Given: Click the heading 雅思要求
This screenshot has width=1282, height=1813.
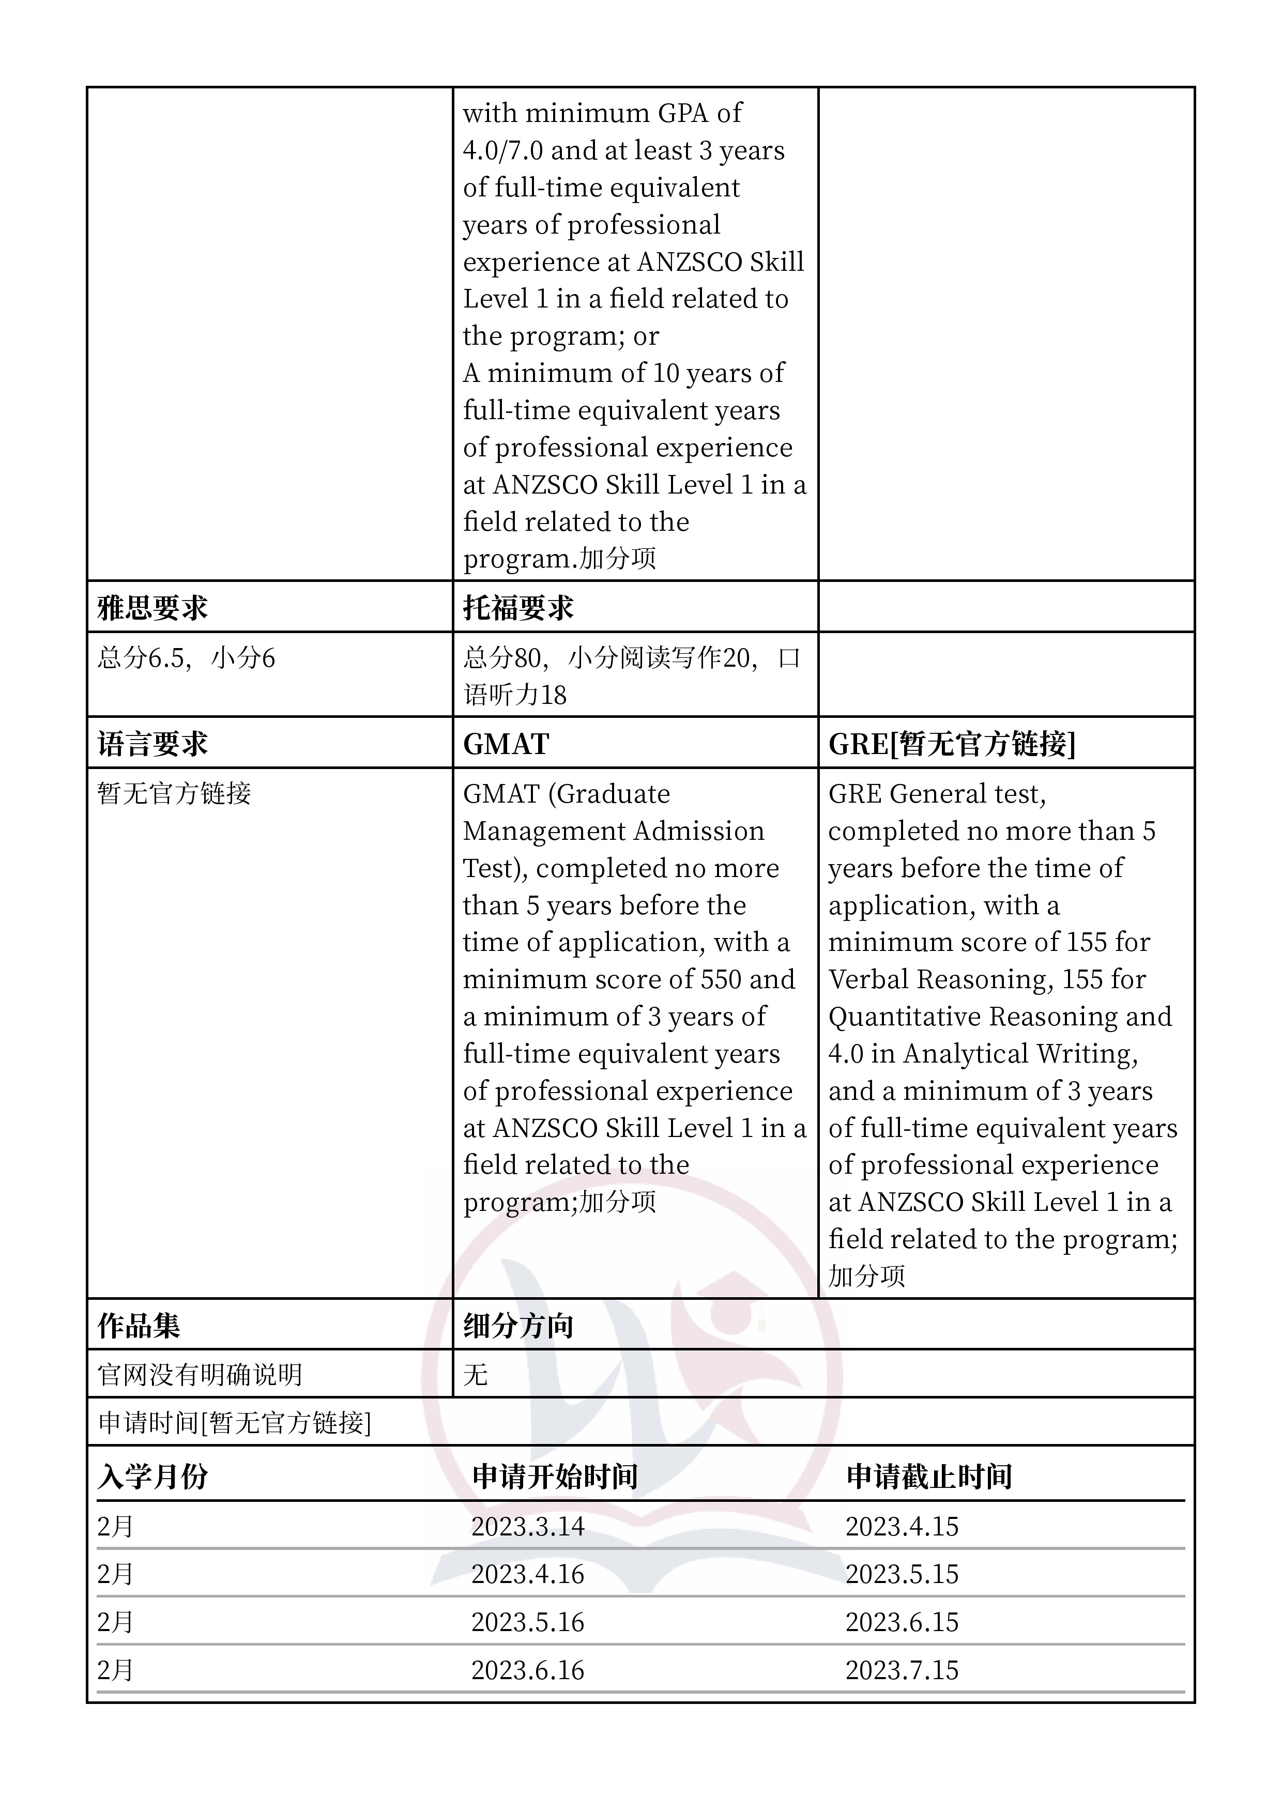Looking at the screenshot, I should coord(152,608).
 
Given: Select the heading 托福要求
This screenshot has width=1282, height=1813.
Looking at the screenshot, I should coord(518,608).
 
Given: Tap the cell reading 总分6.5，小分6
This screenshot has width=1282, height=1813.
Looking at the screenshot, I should coord(187,658).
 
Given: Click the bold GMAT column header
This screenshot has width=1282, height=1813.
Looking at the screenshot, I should coord(506,744).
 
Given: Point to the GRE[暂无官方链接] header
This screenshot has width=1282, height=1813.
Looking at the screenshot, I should coord(952,744).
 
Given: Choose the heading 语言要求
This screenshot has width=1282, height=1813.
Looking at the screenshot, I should coord(152,744).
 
